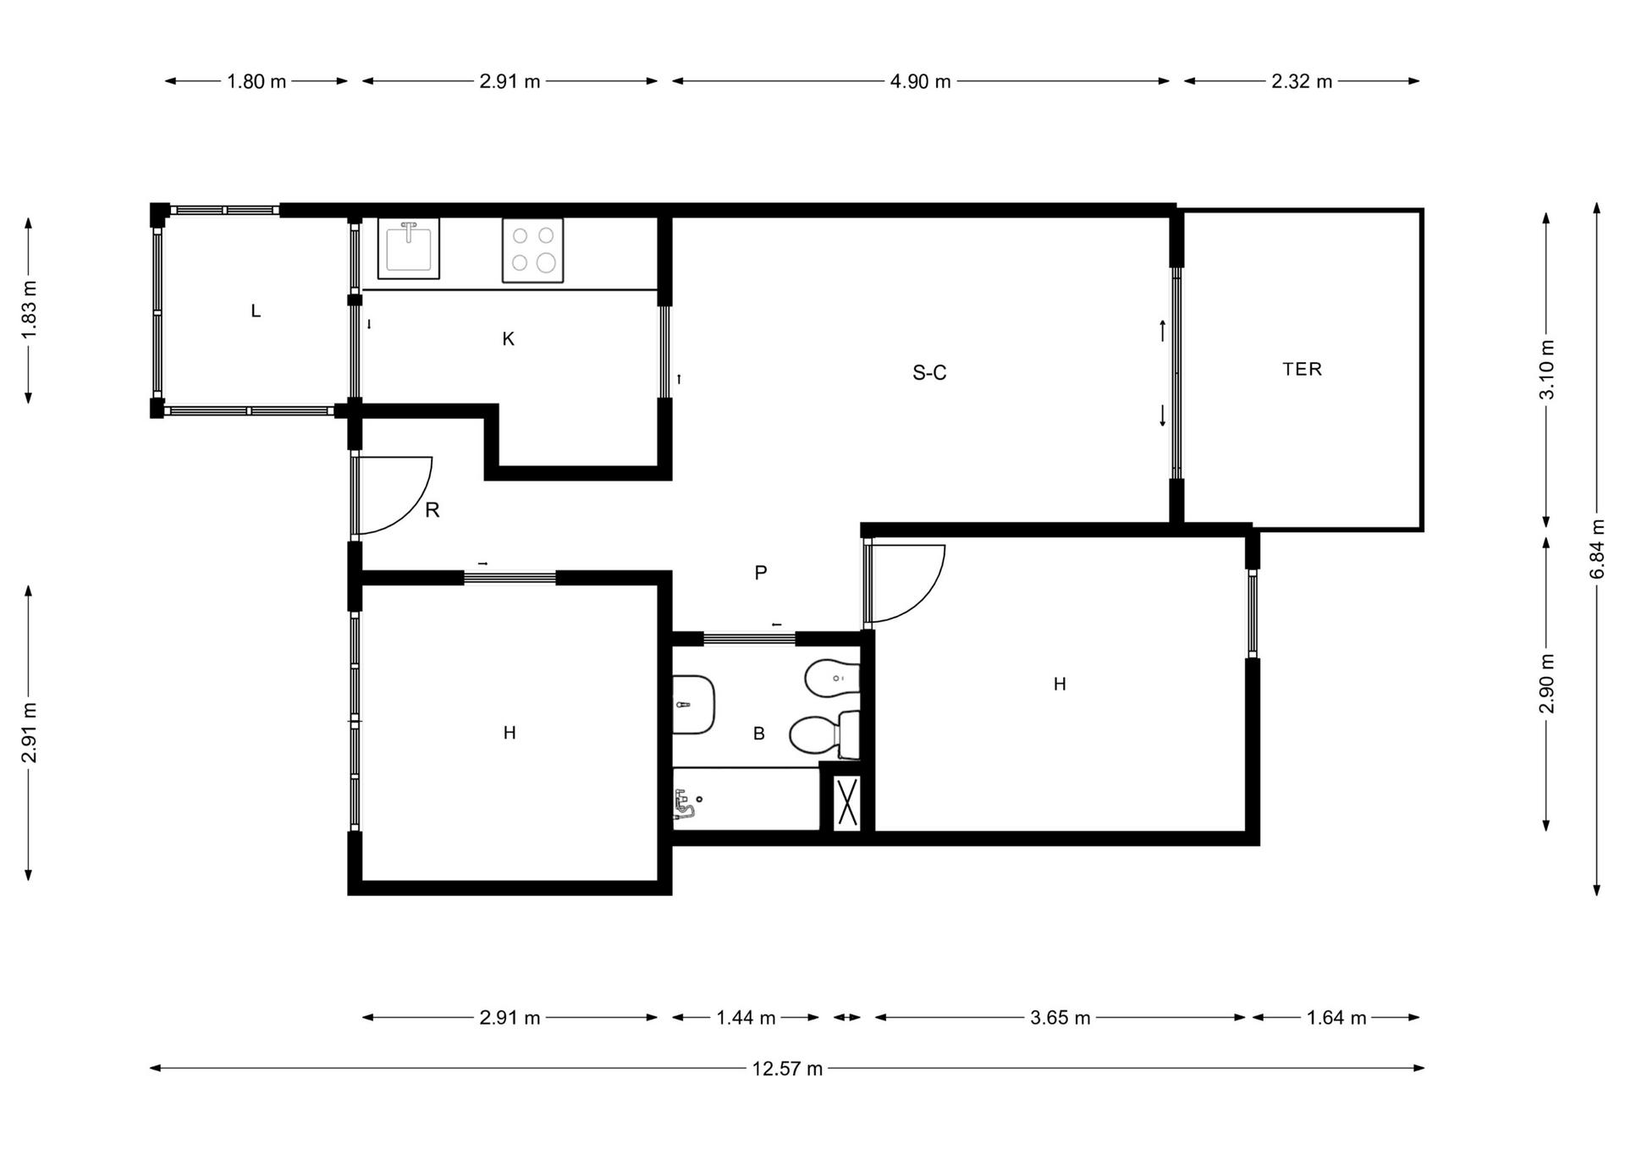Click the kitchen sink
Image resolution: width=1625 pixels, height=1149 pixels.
click(408, 249)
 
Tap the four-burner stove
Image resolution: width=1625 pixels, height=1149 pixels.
click(532, 250)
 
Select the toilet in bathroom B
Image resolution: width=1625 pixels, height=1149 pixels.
click(824, 734)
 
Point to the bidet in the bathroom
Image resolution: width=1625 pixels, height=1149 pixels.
click(832, 678)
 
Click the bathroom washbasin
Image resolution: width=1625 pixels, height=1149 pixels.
click(694, 705)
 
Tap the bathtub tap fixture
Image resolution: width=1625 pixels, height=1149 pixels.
click(686, 804)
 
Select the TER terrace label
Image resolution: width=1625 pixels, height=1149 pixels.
click(1302, 369)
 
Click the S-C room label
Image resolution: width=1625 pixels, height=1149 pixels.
click(929, 373)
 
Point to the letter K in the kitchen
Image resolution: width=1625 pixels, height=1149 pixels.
click(508, 339)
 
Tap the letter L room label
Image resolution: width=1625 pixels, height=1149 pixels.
click(256, 311)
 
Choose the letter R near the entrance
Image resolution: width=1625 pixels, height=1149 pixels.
click(432, 510)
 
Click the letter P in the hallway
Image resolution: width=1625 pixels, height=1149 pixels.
click(761, 573)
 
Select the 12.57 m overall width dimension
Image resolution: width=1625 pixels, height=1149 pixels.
click(787, 1069)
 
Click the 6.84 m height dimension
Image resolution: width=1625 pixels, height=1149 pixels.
click(1597, 548)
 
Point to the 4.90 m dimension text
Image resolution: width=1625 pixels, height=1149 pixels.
click(920, 81)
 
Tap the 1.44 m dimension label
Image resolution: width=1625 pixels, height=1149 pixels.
click(746, 1018)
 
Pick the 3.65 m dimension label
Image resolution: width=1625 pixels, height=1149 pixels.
click(1060, 1018)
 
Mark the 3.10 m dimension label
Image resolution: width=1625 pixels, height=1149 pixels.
click(1546, 370)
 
